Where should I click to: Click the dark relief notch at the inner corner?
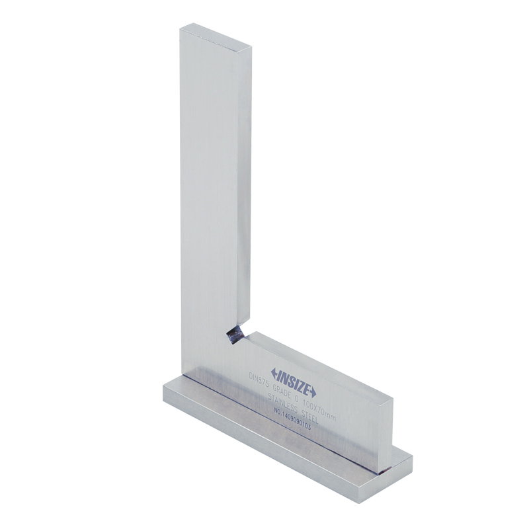(233, 336)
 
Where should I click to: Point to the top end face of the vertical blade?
(216, 36)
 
